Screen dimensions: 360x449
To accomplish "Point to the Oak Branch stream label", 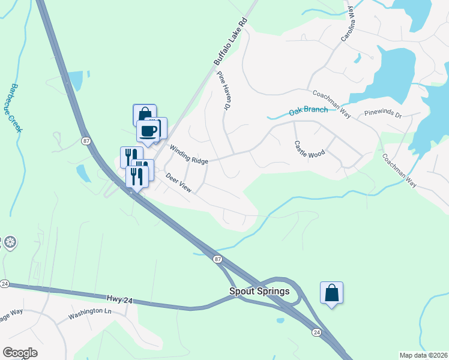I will click(308, 110).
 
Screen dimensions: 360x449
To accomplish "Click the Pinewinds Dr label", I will click(382, 113).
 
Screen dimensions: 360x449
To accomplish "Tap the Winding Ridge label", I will click(188, 154).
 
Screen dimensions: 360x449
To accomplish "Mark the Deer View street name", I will click(178, 184).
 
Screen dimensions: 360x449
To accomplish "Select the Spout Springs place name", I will click(259, 292).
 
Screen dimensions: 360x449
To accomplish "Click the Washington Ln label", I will click(90, 312).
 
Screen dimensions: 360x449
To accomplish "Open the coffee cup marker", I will click(148, 130).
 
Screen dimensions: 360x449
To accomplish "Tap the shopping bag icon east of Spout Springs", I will click(331, 293).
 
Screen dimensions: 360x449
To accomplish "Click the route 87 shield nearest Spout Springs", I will click(217, 259).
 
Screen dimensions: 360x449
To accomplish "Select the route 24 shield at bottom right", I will click(316, 331).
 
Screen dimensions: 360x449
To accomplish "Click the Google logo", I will click(20, 353).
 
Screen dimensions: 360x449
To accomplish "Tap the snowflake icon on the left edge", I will click(10, 243).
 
